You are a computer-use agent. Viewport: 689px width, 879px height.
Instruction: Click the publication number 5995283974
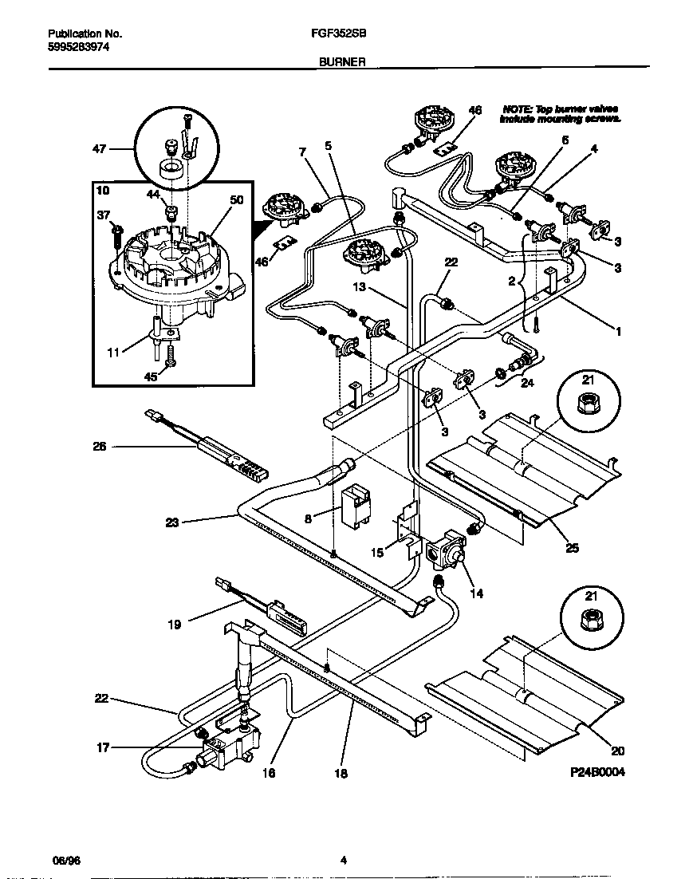point(78,47)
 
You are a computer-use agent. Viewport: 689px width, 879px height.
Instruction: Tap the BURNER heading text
point(343,61)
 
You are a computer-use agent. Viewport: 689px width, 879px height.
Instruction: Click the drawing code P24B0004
point(596,773)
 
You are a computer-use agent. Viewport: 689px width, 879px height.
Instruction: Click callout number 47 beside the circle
point(99,148)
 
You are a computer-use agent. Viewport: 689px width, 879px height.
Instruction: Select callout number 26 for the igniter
point(99,447)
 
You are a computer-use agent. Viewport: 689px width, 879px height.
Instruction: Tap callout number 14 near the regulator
point(478,593)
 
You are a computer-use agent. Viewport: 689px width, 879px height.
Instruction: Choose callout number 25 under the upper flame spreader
point(572,548)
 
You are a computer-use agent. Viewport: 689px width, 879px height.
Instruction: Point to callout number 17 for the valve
point(104,747)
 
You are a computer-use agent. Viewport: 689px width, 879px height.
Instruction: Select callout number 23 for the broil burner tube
point(171,523)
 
